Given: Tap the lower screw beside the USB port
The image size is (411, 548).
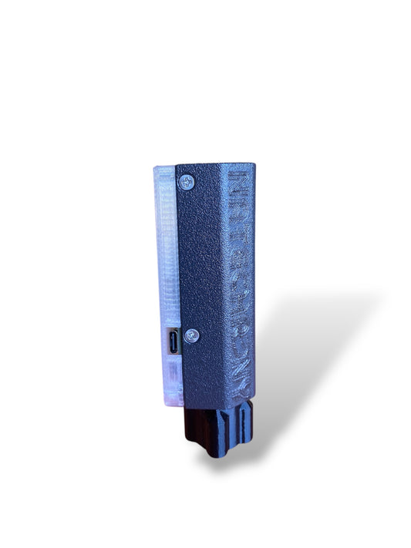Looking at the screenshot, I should coord(192,335).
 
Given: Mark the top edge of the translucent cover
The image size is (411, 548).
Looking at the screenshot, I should coord(164,166).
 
